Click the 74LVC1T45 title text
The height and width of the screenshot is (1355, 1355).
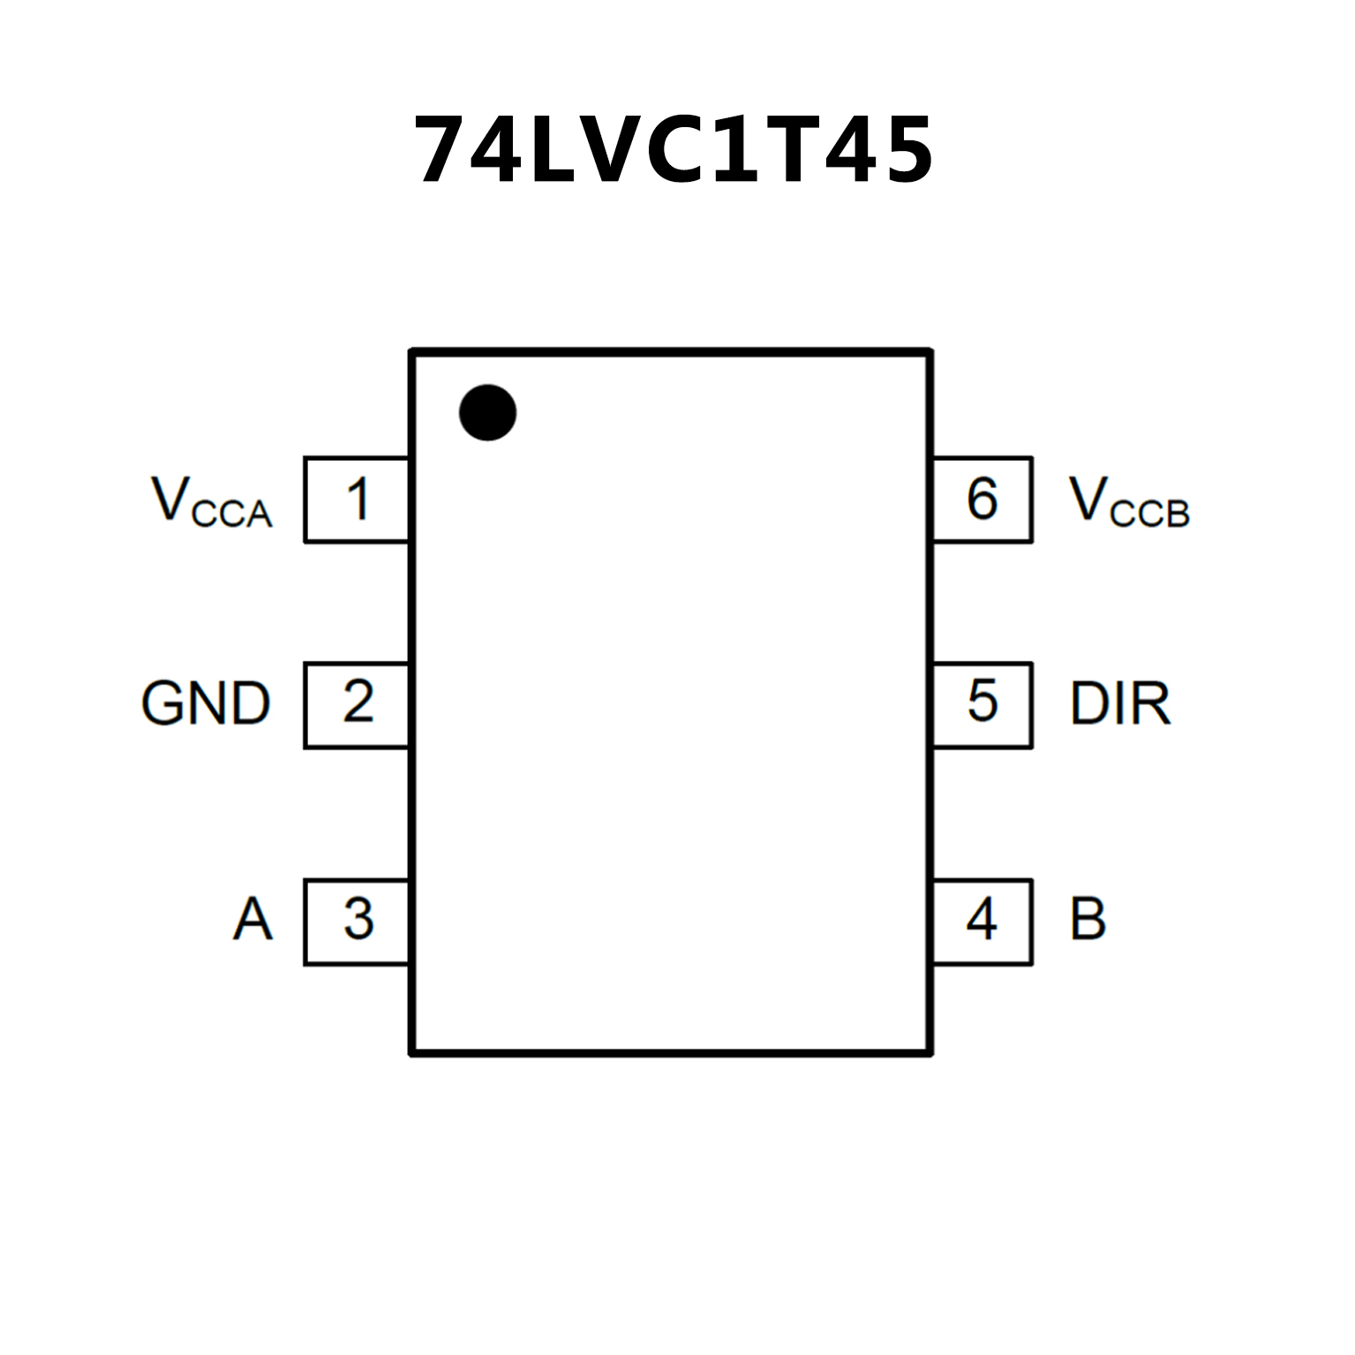click(674, 150)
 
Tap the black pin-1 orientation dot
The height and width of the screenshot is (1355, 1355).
click(487, 412)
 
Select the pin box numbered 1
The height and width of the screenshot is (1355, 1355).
click(357, 500)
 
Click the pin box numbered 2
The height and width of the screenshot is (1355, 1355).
click(357, 704)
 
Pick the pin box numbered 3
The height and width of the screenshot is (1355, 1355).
click(357, 921)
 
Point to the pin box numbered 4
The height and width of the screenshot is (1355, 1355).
click(982, 921)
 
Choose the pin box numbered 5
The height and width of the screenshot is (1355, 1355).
click(982, 704)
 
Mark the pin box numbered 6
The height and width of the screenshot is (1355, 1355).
click(982, 500)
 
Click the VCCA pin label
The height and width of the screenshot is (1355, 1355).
click(212, 503)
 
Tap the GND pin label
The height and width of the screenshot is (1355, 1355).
click(206, 704)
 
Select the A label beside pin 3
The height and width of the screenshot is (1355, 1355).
click(252, 919)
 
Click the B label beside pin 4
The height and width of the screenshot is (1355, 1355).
click(1088, 919)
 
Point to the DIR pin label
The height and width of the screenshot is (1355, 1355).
click(1120, 704)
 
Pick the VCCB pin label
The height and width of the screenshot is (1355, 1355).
click(1129, 503)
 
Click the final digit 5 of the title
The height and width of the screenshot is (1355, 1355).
click(903, 151)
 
